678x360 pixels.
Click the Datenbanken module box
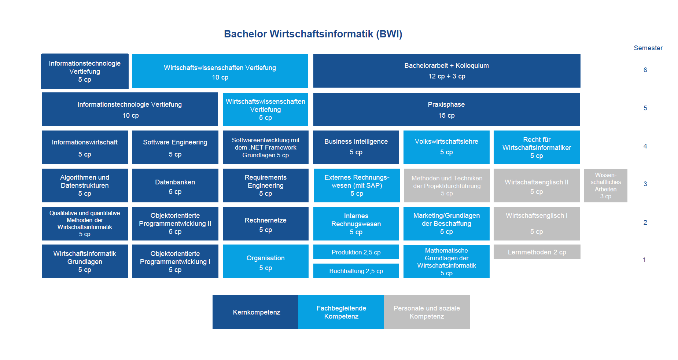pos(175,185)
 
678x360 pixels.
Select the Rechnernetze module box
pos(266,224)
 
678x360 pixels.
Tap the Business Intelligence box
pos(356,147)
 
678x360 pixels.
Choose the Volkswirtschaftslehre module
pos(446,147)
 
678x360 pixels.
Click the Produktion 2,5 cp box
pos(356,252)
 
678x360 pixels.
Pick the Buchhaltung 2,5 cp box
pos(356,271)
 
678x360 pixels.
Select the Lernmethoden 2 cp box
pos(537,252)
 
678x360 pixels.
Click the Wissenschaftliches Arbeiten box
pos(605,185)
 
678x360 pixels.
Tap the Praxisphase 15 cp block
pos(446,109)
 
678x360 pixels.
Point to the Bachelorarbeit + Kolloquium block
pos(446,71)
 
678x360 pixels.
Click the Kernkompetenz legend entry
pos(256,312)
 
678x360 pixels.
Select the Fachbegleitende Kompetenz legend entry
pos(341,312)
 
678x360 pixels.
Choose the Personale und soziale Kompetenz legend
pos(427,312)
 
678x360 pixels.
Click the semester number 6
pos(645,70)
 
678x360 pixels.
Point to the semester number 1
pos(644,260)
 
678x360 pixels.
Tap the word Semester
pos(648,48)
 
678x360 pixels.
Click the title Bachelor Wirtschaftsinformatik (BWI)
pos(313,34)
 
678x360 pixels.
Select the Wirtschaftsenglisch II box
pos(537,185)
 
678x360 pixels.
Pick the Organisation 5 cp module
pos(266,262)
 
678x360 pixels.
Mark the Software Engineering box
pos(175,147)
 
